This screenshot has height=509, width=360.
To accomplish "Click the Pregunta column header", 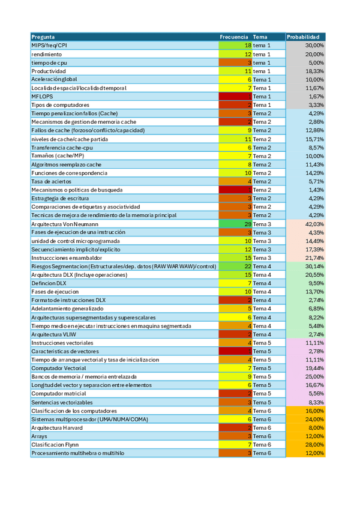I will click(43, 37).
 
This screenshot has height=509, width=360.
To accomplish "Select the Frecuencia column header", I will click(233, 37).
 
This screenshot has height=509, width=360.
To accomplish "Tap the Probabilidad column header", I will click(306, 37).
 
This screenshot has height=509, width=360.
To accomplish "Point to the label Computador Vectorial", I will click(58, 368).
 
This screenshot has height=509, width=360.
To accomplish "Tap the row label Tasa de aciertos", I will click(51, 181).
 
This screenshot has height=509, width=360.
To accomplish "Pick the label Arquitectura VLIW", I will click(53, 334).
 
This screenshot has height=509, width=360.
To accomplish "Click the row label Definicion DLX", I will click(49, 283).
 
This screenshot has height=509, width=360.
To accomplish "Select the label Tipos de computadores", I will click(59, 104).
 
